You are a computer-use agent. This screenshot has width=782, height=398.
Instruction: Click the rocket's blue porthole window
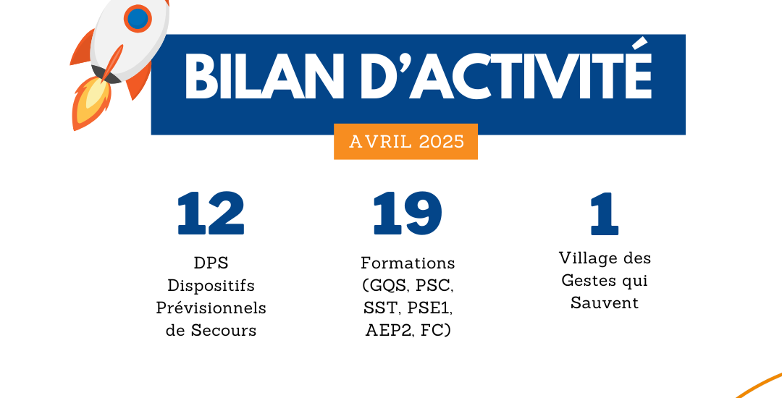click(138, 18)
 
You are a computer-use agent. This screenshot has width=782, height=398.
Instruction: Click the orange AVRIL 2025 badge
click(406, 141)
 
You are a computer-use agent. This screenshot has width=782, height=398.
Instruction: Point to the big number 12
click(211, 213)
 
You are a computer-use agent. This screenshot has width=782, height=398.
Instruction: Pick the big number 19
click(408, 213)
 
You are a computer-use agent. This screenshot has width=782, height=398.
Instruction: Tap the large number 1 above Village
click(605, 213)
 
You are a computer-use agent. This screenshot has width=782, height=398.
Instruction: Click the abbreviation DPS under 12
click(211, 263)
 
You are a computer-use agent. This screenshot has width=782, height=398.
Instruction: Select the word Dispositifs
click(211, 287)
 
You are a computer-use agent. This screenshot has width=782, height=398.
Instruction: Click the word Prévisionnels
click(211, 308)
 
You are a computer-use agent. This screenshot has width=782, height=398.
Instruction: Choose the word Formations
click(408, 263)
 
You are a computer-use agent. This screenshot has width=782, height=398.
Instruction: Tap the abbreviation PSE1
click(429, 308)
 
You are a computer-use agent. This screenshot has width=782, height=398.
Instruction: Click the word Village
click(584, 258)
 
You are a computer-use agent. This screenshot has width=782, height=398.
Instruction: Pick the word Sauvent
click(605, 303)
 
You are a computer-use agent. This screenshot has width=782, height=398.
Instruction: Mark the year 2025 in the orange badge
click(442, 141)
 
